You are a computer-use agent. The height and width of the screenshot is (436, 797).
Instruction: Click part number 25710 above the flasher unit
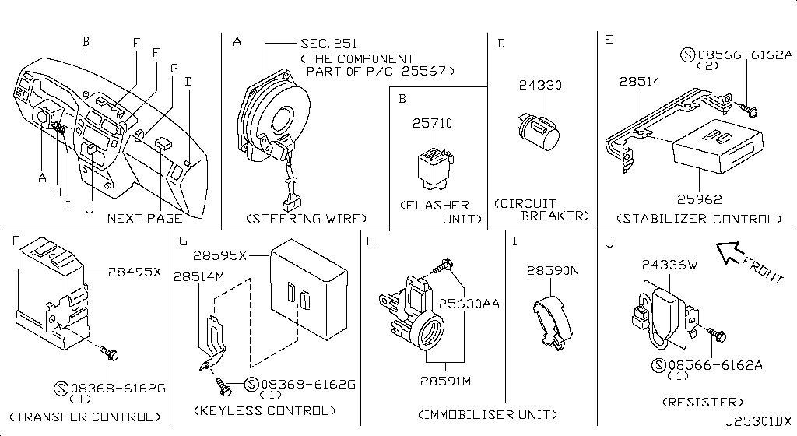(x=433, y=125)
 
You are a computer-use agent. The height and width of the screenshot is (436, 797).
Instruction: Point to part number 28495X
(x=135, y=272)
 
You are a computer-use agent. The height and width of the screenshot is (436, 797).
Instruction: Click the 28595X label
(x=220, y=255)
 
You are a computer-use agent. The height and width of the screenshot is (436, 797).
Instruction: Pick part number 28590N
(x=554, y=271)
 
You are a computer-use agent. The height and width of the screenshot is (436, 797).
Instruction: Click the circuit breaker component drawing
(x=537, y=129)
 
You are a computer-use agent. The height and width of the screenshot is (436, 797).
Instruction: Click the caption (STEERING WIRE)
(x=305, y=219)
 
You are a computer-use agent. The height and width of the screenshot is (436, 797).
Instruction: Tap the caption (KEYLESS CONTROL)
(x=266, y=410)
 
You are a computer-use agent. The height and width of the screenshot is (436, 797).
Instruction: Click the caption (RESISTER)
(x=703, y=402)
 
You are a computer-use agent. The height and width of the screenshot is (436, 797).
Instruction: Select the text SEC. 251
(x=328, y=44)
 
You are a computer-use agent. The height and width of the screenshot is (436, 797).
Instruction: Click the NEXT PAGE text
(x=145, y=219)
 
